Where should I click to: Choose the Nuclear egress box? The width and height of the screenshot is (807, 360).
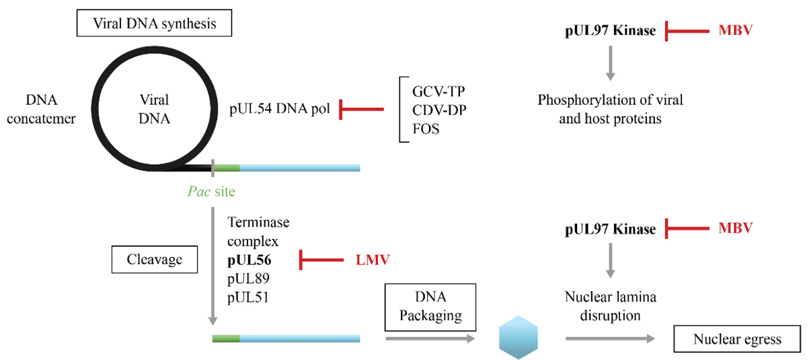click(x=737, y=339)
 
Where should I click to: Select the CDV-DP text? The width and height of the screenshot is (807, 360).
click(x=437, y=108)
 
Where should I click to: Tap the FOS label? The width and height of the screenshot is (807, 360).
click(x=426, y=129)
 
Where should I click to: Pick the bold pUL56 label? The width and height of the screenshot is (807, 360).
click(x=249, y=259)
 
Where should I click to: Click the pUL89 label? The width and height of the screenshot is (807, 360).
click(x=249, y=278)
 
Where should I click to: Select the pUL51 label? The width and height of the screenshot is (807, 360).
click(x=249, y=297)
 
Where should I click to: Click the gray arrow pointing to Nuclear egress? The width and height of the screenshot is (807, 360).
click(x=609, y=339)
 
